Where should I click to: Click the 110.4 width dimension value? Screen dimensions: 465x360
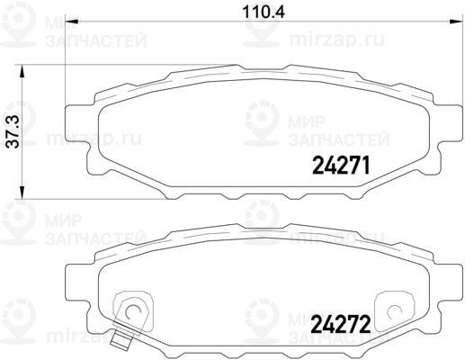(264, 13)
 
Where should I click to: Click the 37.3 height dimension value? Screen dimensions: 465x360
(13, 132)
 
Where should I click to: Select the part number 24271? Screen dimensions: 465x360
(341, 166)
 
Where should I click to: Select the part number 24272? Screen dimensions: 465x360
(341, 324)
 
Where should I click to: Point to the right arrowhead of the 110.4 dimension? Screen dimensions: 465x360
(456, 22)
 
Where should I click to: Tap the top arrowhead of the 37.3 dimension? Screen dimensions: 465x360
(22, 72)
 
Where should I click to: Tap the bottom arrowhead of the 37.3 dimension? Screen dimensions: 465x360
(22, 192)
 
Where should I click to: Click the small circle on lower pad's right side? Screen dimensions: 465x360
(395, 312)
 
